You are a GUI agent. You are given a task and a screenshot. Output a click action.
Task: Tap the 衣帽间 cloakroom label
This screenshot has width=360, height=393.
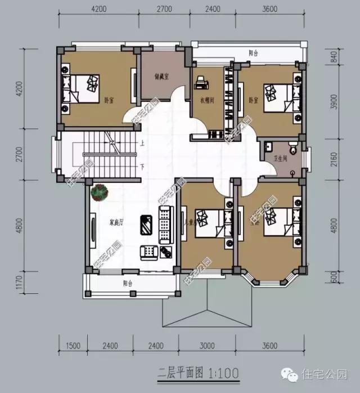(x=208, y=102)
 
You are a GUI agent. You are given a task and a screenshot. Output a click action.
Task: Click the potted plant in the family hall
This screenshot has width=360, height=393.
(x=100, y=192)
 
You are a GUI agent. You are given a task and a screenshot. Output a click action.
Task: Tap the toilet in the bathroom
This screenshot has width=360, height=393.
(x=292, y=148)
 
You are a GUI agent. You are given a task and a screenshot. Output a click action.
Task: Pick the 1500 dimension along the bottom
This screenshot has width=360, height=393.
(x=73, y=346)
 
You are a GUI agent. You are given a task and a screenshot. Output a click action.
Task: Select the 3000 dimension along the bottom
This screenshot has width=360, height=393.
(x=207, y=346)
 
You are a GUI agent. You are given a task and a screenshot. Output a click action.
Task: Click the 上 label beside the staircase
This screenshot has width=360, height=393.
(x=143, y=144)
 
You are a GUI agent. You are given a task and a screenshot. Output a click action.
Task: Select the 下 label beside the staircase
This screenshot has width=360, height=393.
(x=143, y=167)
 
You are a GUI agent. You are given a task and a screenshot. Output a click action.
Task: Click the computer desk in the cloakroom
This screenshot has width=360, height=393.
(x=200, y=84)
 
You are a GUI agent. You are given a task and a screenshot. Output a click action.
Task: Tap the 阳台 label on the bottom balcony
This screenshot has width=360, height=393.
(x=128, y=283)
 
